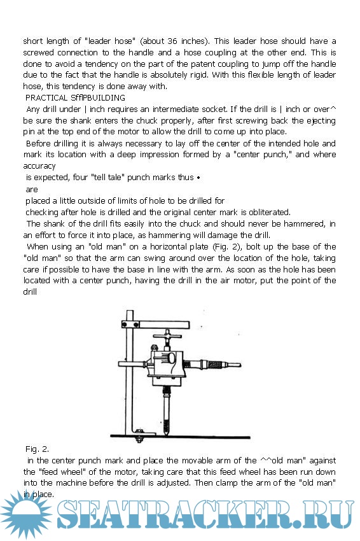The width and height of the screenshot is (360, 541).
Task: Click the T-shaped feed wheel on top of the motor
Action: pos(167,335)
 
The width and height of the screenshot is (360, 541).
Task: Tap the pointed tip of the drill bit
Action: pos(167,434)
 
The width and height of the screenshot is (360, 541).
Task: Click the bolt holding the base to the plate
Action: pos(139,436)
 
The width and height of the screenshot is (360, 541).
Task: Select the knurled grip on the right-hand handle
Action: pos(216,364)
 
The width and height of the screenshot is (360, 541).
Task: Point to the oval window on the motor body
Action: pos(171,358)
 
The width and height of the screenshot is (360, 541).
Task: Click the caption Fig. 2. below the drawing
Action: pos(37,449)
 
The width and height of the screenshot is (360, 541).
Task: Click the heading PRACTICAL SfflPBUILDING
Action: pos(75,97)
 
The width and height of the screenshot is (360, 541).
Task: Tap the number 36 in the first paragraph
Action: pos(172,41)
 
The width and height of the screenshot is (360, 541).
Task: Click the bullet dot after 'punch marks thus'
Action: pos(198,178)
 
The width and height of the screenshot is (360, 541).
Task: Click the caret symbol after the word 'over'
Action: pos(333,108)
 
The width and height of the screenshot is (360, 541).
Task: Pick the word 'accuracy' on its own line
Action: pos(39,166)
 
